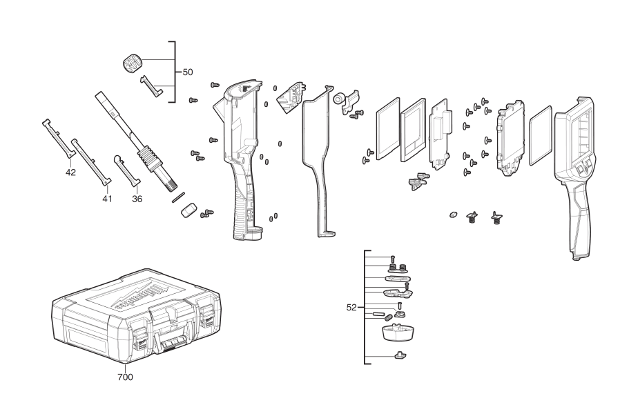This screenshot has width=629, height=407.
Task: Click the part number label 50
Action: point(188,72)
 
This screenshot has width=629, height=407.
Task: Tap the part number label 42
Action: point(70,172)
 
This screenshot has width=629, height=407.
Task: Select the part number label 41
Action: point(107,199)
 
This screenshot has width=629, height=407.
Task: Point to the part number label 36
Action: point(137,199)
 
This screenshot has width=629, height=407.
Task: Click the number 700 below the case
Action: point(125,377)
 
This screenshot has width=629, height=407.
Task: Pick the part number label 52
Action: point(352,308)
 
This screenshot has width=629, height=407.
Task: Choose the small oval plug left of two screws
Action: point(454,215)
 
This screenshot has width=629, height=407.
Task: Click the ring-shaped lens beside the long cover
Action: point(340,101)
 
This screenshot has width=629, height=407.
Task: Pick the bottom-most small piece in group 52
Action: point(399,356)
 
